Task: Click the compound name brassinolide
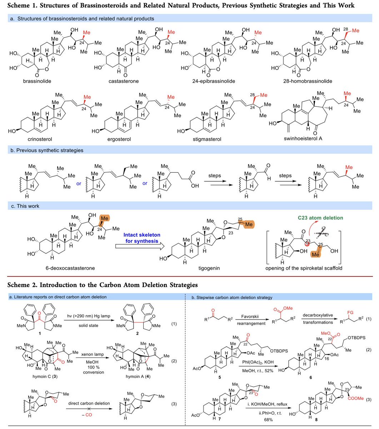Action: pyautogui.click(x=37, y=81)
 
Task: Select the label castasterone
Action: pyautogui.click(x=123, y=81)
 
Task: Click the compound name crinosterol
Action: pyautogui.click(x=37, y=139)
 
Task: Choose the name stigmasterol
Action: pyautogui.click(x=206, y=139)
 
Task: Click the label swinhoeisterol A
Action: pyautogui.click(x=302, y=139)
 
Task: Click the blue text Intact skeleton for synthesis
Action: pyautogui.click(x=140, y=238)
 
